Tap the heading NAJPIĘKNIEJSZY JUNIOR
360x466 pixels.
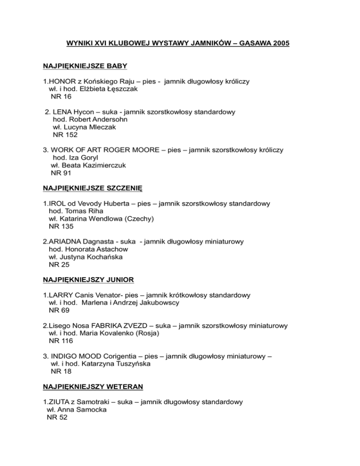(88, 279)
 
